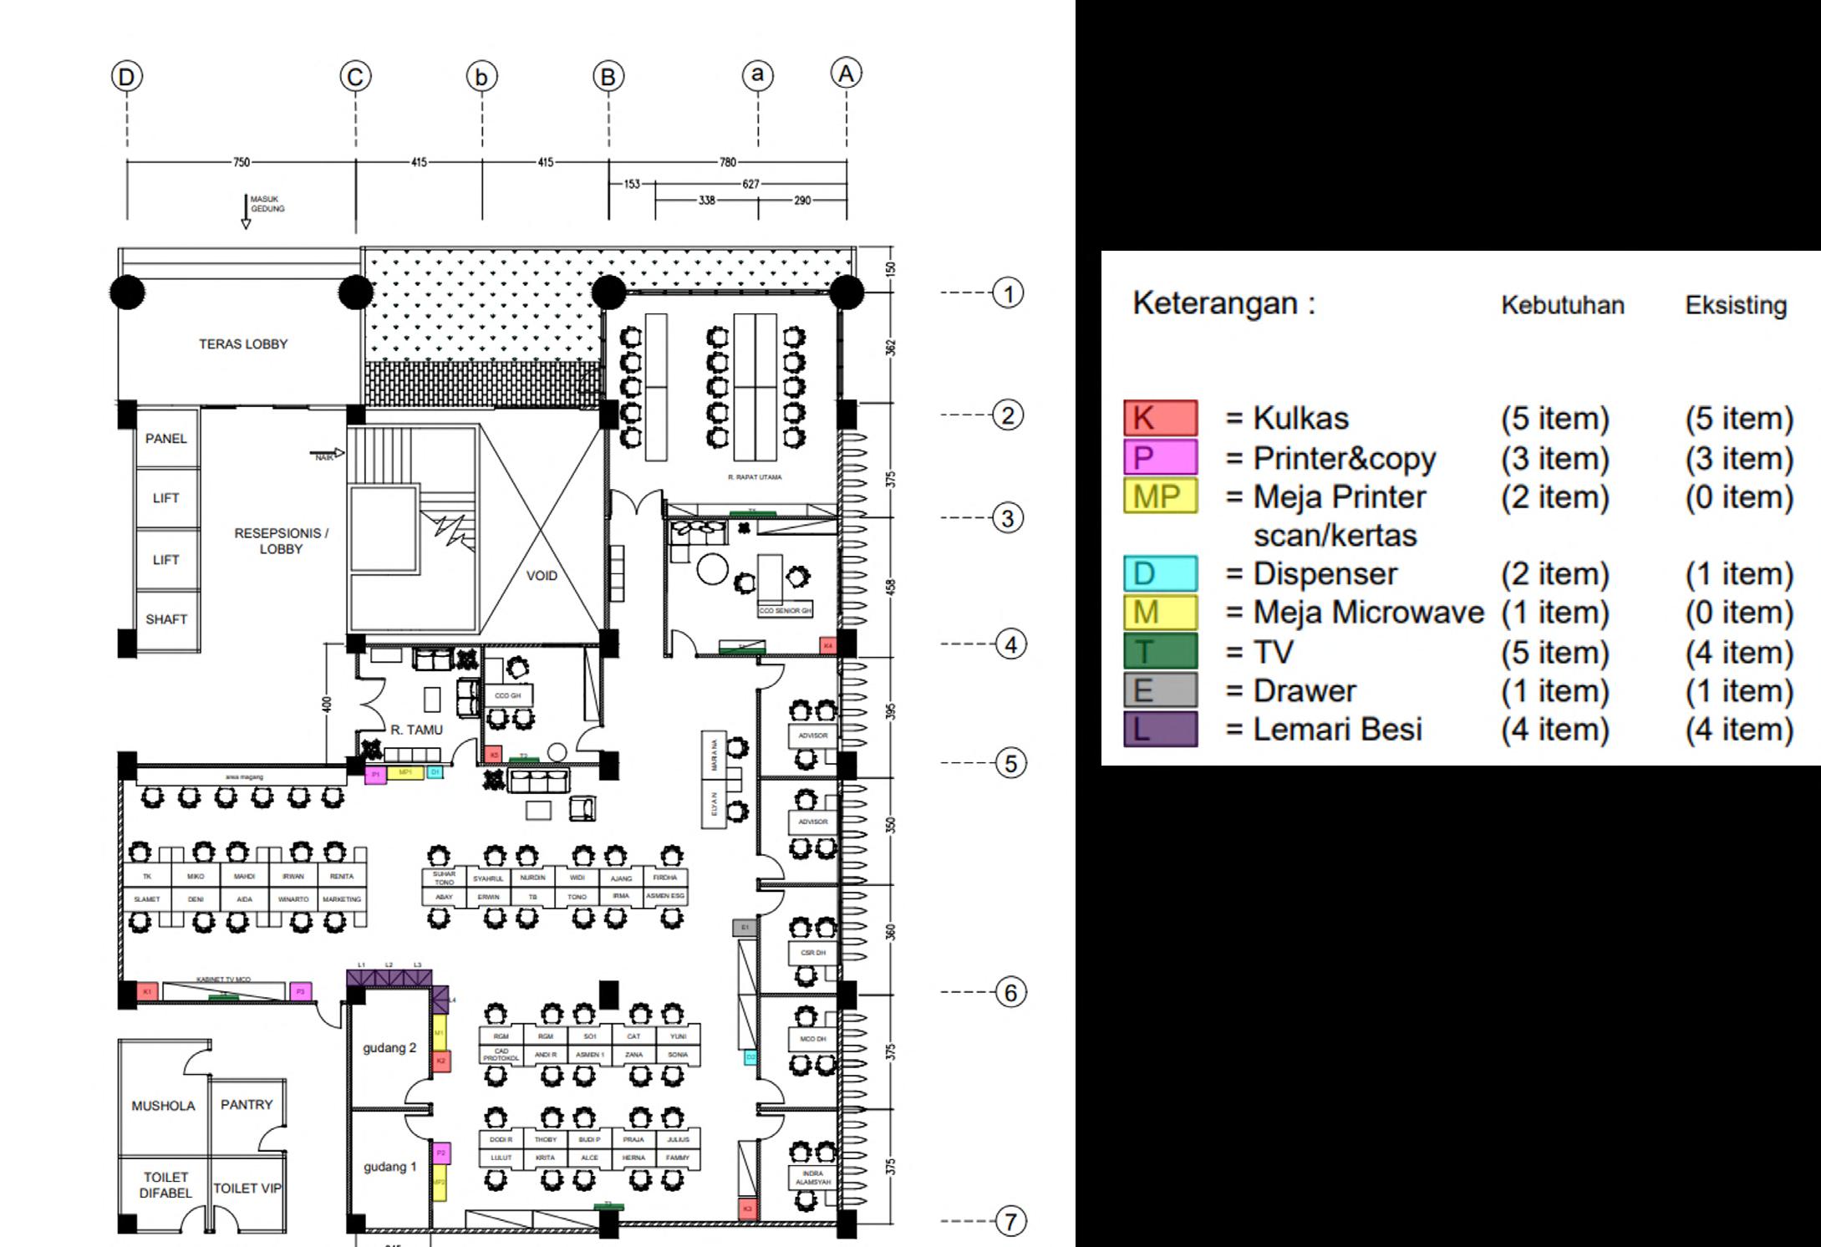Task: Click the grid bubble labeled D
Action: pyautogui.click(x=127, y=77)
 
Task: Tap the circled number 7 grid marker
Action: pyautogui.click(x=1010, y=1221)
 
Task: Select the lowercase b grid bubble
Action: pyautogui.click(x=481, y=77)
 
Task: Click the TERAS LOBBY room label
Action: pyautogui.click(x=242, y=344)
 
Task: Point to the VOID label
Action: pyautogui.click(x=542, y=575)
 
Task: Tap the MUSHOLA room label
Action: pyautogui.click(x=163, y=1106)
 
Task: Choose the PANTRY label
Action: pyautogui.click(x=247, y=1104)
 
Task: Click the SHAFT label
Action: pyautogui.click(x=166, y=619)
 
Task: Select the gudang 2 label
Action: pyautogui.click(x=389, y=1047)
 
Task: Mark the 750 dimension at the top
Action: pyautogui.click(x=241, y=162)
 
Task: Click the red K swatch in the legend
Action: pyautogui.click(x=1160, y=418)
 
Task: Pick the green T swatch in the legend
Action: pyautogui.click(x=1160, y=651)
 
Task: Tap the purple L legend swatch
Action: pyautogui.click(x=1160, y=729)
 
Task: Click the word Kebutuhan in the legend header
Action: pyautogui.click(x=1562, y=305)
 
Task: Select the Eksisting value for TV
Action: pyautogui.click(x=1738, y=652)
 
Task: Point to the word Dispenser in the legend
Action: pyautogui.click(x=1325, y=574)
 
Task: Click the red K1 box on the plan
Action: pyautogui.click(x=147, y=991)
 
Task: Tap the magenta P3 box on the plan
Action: pyautogui.click(x=301, y=991)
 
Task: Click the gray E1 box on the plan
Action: pyautogui.click(x=744, y=927)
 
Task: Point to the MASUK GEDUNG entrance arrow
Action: pyautogui.click(x=246, y=212)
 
